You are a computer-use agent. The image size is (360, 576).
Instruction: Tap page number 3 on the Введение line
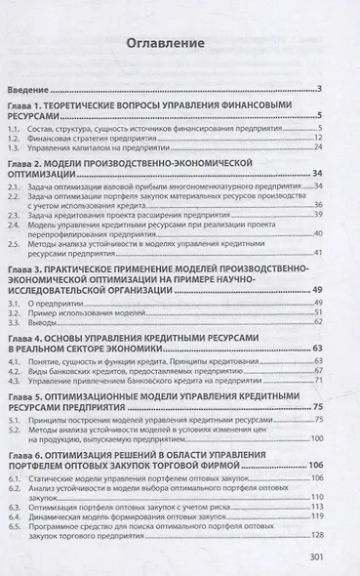319,90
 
